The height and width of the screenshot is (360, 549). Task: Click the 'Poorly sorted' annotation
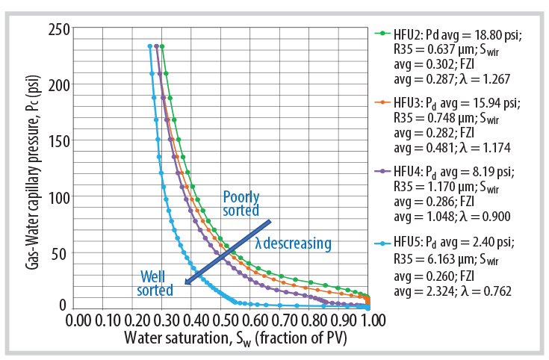[242, 204]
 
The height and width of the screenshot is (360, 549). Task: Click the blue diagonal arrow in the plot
[228, 252]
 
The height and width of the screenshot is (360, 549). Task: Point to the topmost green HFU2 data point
[162, 46]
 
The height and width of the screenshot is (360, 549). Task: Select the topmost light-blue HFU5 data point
[150, 46]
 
